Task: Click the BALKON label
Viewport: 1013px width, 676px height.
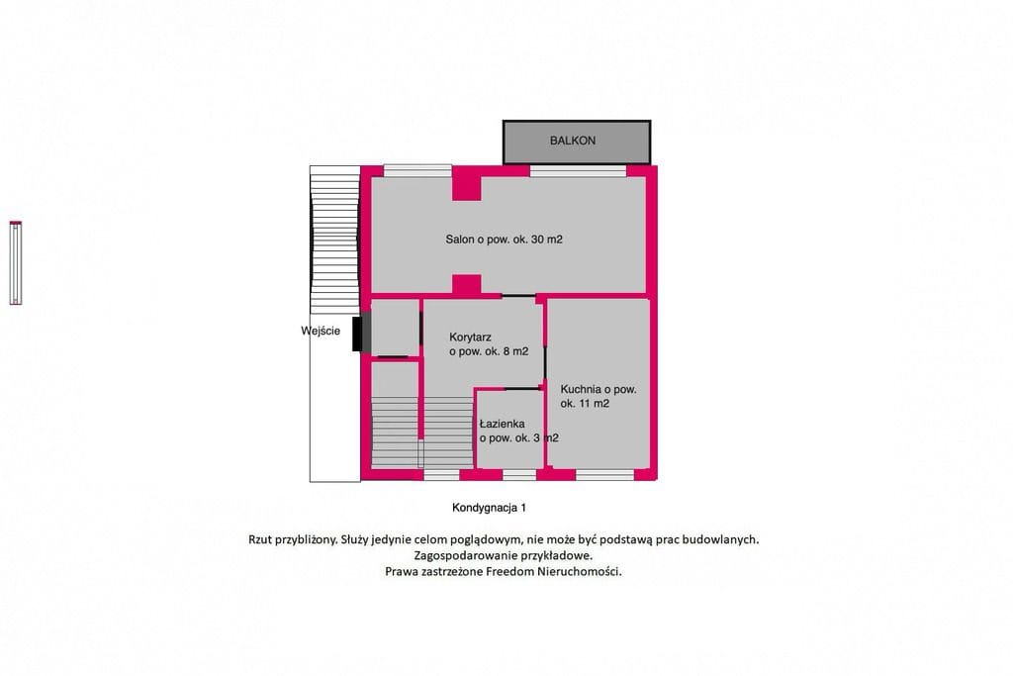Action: pyautogui.click(x=573, y=141)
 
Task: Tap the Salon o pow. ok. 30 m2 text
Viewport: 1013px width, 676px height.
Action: pyautogui.click(x=504, y=240)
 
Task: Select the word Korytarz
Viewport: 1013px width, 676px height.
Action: pyautogui.click(x=470, y=337)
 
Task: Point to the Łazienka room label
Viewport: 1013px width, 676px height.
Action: pyautogui.click(x=502, y=424)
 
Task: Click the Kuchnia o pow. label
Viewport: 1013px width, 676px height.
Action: pyautogui.click(x=599, y=389)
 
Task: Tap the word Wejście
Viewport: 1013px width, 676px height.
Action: pyautogui.click(x=321, y=331)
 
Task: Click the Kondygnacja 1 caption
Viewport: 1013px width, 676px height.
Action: pyautogui.click(x=489, y=508)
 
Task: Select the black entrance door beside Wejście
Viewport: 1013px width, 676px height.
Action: pyautogui.click(x=356, y=335)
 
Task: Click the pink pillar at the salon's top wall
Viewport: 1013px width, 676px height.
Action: pyautogui.click(x=467, y=183)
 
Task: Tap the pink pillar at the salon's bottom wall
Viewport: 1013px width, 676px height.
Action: pyautogui.click(x=467, y=285)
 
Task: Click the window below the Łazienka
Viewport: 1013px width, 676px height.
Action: pyautogui.click(x=519, y=475)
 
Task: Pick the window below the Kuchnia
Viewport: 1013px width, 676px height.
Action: pyautogui.click(x=604, y=475)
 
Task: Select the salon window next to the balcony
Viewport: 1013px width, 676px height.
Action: pyautogui.click(x=578, y=171)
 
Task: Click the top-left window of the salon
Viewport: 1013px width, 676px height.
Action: pyautogui.click(x=417, y=171)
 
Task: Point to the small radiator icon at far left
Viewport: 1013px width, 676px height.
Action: pyautogui.click(x=16, y=262)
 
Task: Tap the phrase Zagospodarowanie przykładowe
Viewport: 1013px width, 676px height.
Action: pyautogui.click(x=504, y=555)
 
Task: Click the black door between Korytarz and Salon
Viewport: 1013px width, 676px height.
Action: pyautogui.click(x=518, y=296)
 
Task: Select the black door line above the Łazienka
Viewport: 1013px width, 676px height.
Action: pyautogui.click(x=522, y=388)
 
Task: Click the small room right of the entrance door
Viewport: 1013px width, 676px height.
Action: pyautogui.click(x=396, y=327)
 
